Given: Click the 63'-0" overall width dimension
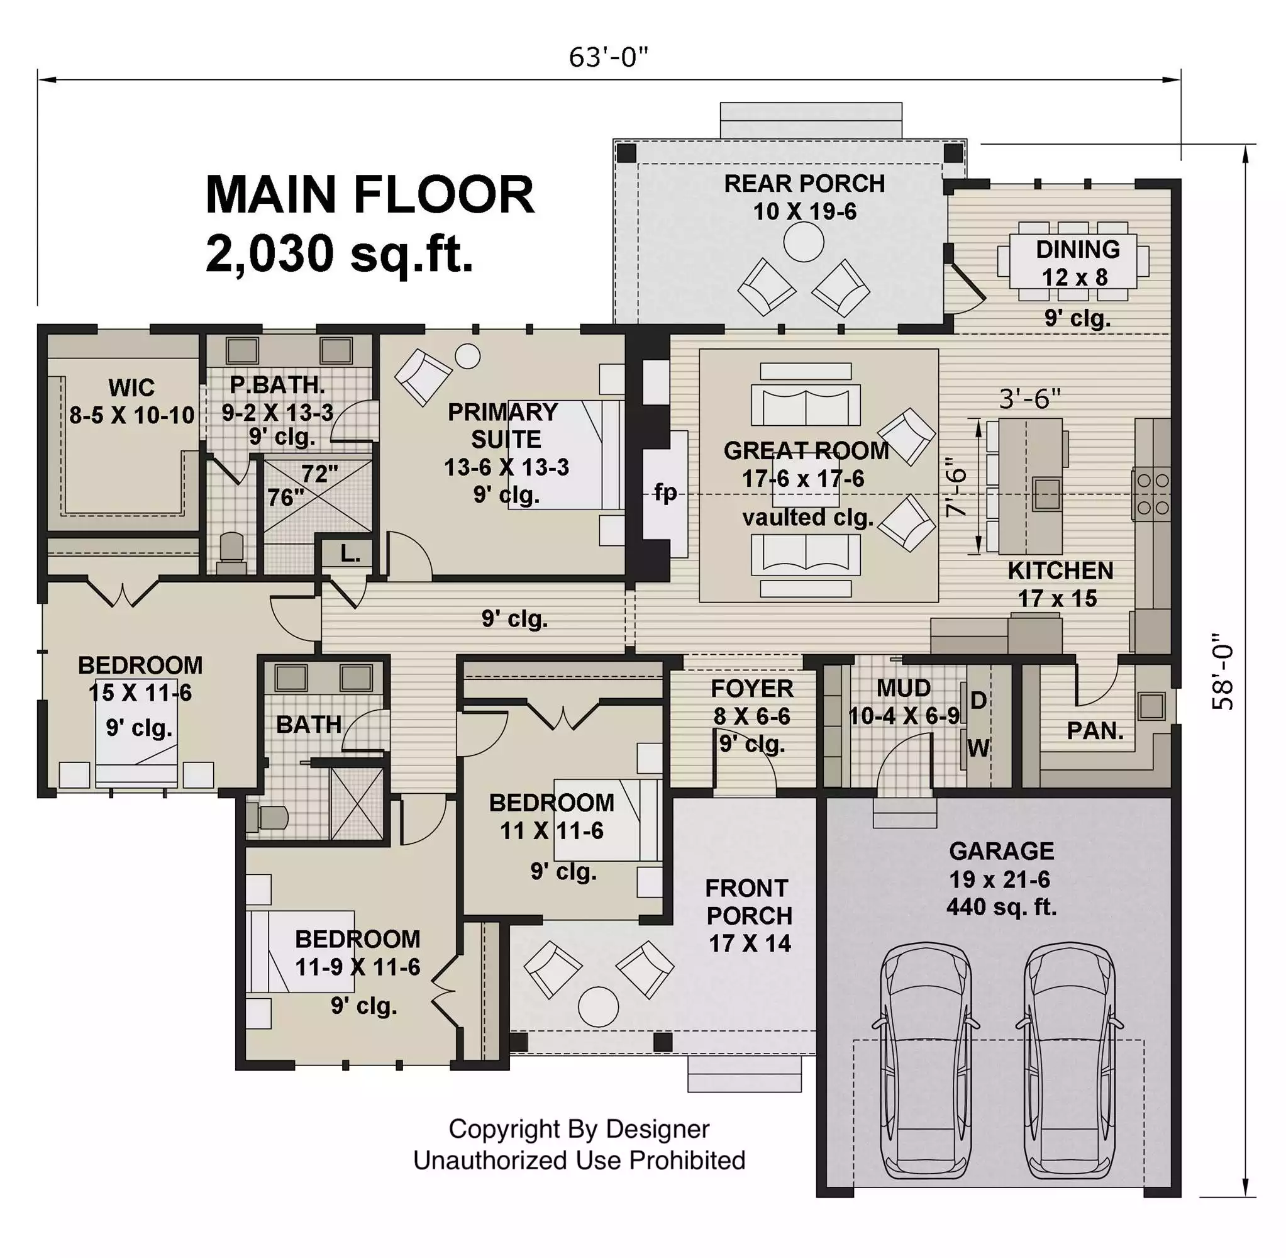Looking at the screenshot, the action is coord(608,57).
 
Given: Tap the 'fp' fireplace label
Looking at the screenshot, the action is coord(665,493).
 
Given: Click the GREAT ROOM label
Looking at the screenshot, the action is coord(806,450).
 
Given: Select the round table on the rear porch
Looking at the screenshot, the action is coord(803,242).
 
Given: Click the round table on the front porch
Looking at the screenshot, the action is coord(598,1006).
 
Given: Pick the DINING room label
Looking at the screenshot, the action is coord(1077,249).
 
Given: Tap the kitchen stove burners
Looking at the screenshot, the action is coord(1153,494).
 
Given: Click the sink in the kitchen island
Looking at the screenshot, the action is coord(1047,494).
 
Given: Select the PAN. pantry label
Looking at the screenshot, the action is coord(1095,730).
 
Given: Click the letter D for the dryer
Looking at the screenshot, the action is coord(979,699).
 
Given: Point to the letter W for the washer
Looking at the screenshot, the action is coord(978,748).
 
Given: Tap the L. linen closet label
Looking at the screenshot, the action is coord(350,554).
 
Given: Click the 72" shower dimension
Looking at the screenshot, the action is coord(319,474).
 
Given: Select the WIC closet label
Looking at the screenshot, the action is coord(131,387).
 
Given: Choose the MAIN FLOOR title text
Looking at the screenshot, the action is coord(370,195).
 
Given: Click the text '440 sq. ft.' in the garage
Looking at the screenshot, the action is coord(1001,907).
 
